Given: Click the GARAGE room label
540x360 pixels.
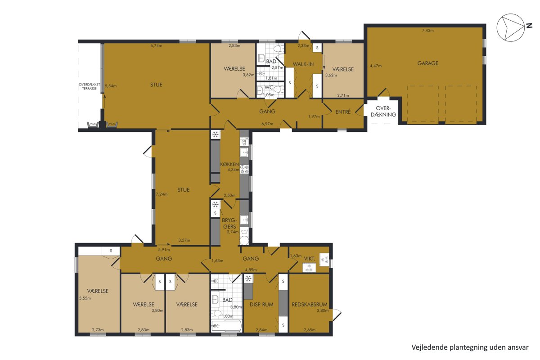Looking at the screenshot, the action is click(427, 63).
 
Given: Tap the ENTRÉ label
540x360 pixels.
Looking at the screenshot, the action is click(343, 112).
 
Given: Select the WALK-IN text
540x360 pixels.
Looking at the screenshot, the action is click(303, 64).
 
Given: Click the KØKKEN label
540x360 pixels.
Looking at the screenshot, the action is click(229, 164).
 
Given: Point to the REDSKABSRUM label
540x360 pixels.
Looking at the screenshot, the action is click(310, 305).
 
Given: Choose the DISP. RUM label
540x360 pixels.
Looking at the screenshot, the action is click(261, 305).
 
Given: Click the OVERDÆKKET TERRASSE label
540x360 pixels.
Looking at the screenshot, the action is click(89, 86).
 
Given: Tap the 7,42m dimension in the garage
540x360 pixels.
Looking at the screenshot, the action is click(427, 31).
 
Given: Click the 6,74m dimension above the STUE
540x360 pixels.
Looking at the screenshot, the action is click(156, 45).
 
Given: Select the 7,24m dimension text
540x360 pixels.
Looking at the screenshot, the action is click(162, 194).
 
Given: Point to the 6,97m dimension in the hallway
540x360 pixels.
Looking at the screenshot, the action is click(267, 124).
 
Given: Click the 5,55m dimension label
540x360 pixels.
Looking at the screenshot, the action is click(85, 298).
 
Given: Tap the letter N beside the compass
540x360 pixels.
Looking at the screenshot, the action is click(529, 26).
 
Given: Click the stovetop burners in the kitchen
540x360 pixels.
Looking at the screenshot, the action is click(244, 169).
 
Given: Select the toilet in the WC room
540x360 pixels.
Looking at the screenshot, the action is click(279, 90).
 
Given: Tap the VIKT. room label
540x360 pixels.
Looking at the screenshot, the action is click(309, 258).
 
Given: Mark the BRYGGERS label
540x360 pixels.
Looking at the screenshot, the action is click(229, 224).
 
